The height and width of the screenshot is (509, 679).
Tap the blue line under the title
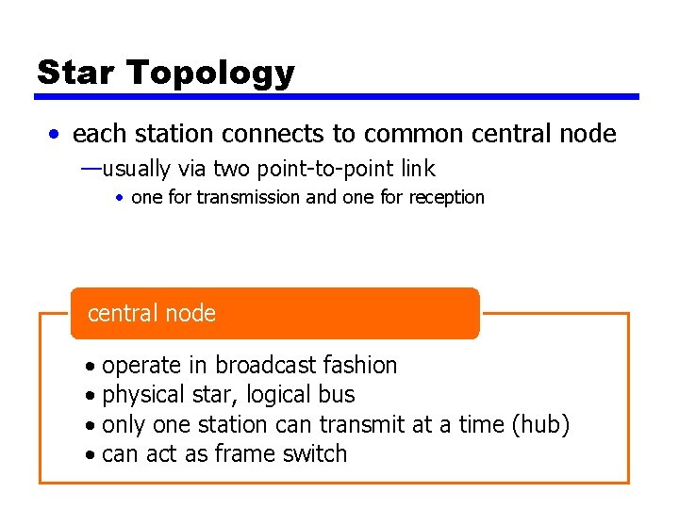(x=337, y=96)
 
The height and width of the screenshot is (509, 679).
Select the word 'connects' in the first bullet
(x=270, y=134)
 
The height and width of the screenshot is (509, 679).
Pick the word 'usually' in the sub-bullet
(x=137, y=170)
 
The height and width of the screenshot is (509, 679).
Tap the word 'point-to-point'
(x=323, y=170)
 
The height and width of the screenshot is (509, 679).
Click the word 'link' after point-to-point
(x=418, y=169)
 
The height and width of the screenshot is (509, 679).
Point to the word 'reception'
(x=446, y=198)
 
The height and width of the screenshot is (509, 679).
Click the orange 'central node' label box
(x=274, y=313)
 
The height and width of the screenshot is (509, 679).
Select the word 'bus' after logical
(x=338, y=394)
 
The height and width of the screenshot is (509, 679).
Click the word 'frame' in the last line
(x=240, y=453)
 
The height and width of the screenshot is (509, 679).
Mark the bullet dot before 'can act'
(x=88, y=455)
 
